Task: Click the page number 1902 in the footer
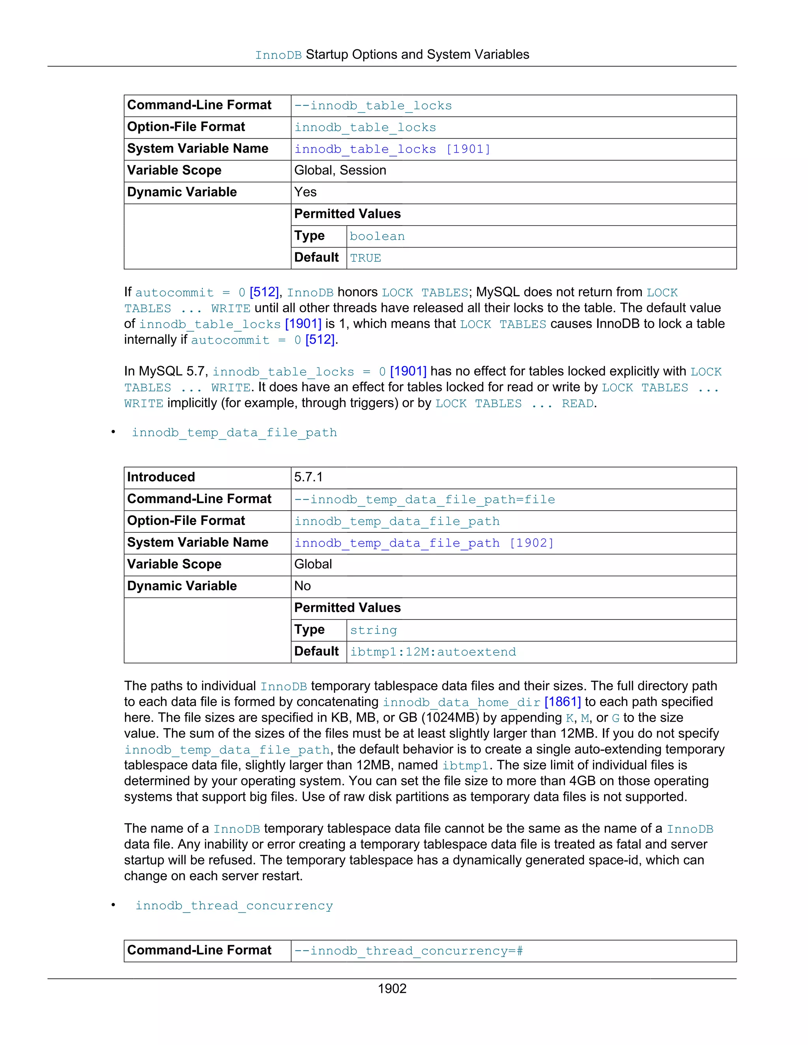392,989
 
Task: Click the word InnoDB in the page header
278,56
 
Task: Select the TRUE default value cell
365,258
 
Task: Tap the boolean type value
377,236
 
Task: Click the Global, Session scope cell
340,170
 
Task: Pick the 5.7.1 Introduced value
308,477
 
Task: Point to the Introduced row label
161,477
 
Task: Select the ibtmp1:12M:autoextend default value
433,652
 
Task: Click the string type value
373,630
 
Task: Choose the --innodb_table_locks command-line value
373,106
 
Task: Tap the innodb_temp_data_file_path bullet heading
234,433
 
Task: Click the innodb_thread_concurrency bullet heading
234,906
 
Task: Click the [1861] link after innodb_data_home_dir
563,702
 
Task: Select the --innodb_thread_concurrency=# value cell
408,951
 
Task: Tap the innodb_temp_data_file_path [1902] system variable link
424,543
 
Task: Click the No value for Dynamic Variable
303,586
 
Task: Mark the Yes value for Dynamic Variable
305,192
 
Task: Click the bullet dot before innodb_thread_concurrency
114,905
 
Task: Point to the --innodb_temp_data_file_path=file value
425,500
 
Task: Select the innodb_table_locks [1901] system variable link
392,149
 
